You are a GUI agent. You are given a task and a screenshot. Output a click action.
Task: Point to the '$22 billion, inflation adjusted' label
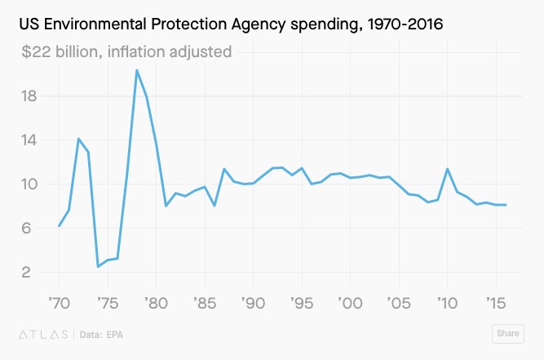[126, 51]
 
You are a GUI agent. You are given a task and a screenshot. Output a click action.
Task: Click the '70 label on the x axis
[59, 302]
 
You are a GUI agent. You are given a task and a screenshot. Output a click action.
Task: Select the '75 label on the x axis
[108, 302]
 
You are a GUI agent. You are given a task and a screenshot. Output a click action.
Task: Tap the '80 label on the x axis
[156, 302]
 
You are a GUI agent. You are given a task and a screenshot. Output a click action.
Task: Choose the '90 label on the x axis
[253, 302]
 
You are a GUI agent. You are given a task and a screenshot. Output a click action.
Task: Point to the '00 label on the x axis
[350, 302]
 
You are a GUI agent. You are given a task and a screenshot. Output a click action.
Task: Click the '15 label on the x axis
[496, 302]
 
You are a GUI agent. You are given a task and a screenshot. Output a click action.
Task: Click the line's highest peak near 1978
[137, 70]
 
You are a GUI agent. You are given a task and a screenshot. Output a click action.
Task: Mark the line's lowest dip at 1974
[98, 267]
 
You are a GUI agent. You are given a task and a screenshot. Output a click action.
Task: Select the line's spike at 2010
[448, 169]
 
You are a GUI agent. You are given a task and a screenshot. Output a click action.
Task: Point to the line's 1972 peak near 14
[78, 139]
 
